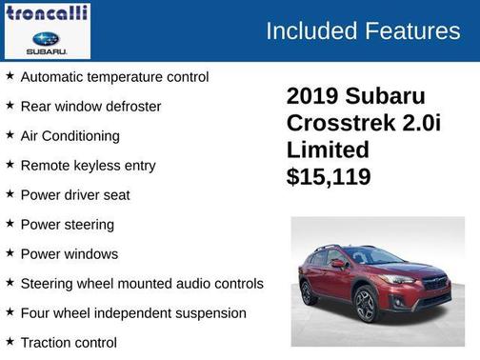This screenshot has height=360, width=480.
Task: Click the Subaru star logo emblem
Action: (x=46, y=39)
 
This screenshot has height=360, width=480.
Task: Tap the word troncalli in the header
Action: (x=47, y=13)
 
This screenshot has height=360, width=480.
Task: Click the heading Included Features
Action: (x=362, y=31)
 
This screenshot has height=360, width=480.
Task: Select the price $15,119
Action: (x=329, y=176)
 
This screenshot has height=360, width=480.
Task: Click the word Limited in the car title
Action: (x=328, y=150)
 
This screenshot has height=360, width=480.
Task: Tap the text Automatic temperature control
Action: (x=114, y=76)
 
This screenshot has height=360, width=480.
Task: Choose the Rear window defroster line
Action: (x=90, y=106)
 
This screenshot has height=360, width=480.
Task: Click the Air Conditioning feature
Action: (x=70, y=135)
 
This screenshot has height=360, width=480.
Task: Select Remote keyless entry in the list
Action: (x=87, y=165)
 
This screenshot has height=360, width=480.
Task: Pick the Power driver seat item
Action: (x=74, y=194)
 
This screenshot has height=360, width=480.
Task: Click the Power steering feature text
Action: (x=67, y=225)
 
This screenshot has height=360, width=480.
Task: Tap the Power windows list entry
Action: (x=69, y=254)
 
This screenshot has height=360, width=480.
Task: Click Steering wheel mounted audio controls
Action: (x=141, y=284)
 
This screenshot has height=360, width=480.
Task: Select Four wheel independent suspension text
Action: (x=132, y=312)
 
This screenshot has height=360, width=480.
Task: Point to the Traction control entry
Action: (x=69, y=342)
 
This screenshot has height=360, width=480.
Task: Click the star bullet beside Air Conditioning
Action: (x=10, y=134)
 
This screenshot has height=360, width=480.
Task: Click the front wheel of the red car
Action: (x=366, y=304)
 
